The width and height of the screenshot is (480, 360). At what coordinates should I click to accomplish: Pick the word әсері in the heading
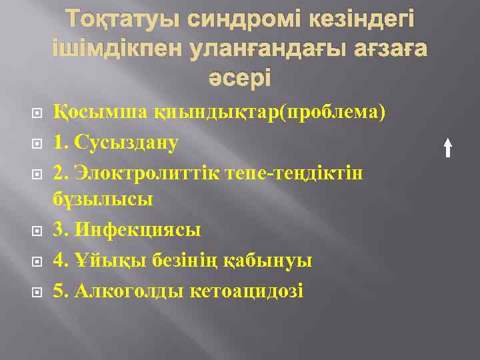tap(239, 78)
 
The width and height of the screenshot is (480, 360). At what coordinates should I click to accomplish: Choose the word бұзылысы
tap(103, 199)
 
